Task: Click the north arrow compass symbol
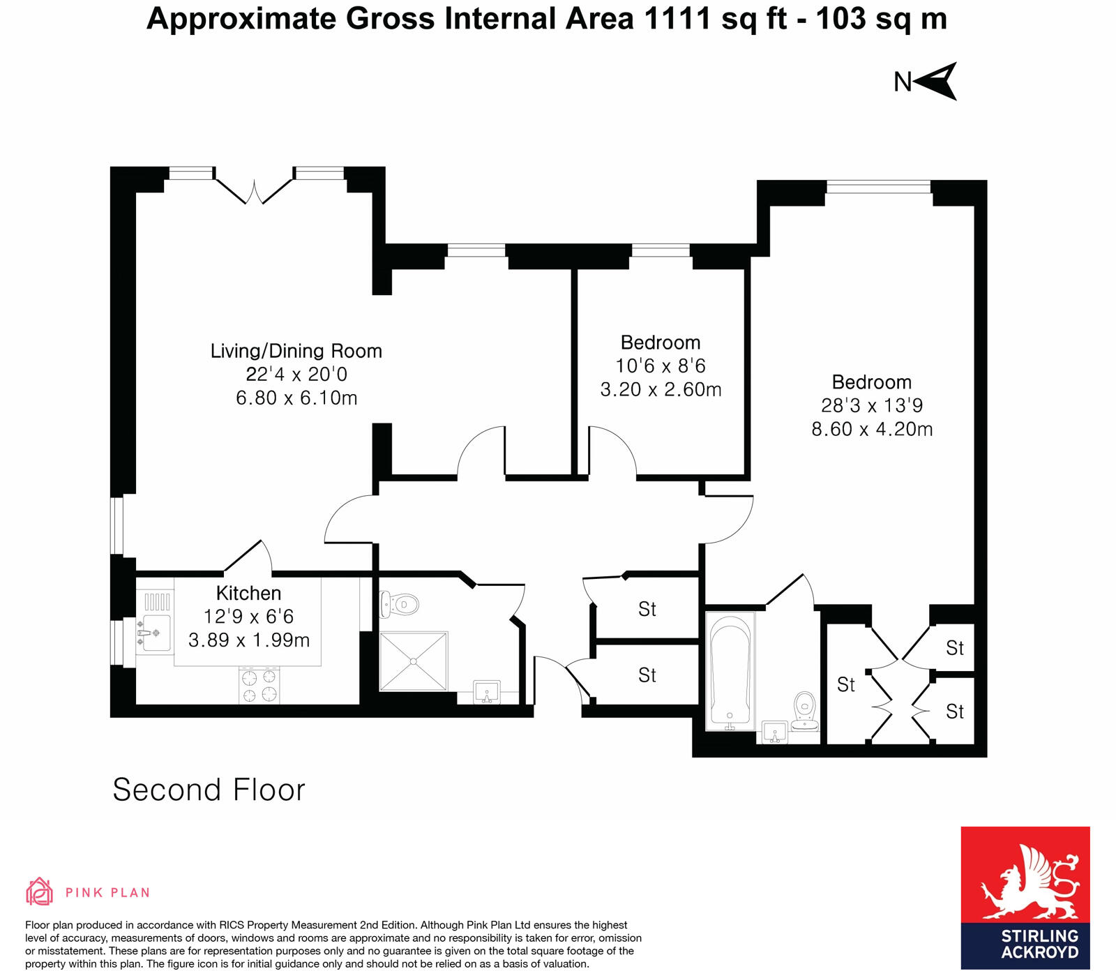pyautogui.click(x=937, y=81)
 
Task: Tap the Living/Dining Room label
pyautogui.click(x=296, y=351)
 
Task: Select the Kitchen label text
pyautogui.click(x=248, y=593)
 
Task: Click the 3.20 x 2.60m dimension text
pyautogui.click(x=661, y=389)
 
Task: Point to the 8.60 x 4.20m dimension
pyautogui.click(x=872, y=429)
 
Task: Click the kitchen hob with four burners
pyautogui.click(x=259, y=685)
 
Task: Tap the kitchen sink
pyautogui.click(x=156, y=633)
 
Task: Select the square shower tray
pyautogui.click(x=414, y=661)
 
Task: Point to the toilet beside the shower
pyautogui.click(x=399, y=604)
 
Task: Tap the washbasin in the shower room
pyautogui.click(x=487, y=692)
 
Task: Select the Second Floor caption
pyautogui.click(x=209, y=790)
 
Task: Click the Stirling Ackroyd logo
pyautogui.click(x=1025, y=897)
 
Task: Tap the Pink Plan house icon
pyautogui.click(x=39, y=891)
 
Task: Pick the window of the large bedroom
pyautogui.click(x=878, y=187)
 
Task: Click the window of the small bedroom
pyautogui.click(x=661, y=250)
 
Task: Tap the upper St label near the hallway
pyautogui.click(x=647, y=609)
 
